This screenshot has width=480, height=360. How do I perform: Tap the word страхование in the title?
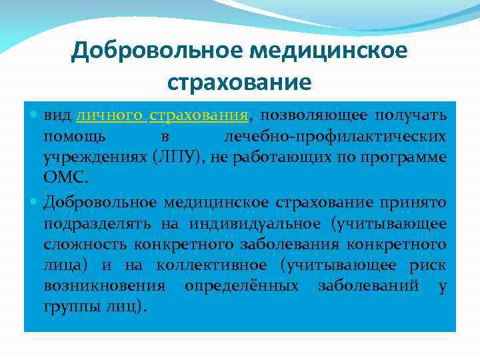[x=239, y=82]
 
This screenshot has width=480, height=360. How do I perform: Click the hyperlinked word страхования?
[x=199, y=115]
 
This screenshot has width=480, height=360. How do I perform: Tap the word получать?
[x=411, y=115]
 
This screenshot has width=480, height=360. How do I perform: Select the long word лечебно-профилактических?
[x=334, y=137]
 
